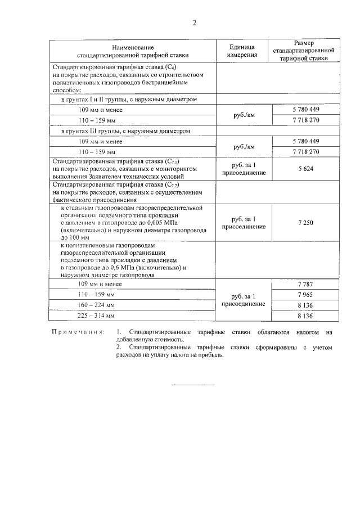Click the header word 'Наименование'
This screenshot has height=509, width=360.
(133, 47)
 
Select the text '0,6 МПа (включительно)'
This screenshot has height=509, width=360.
(134, 268)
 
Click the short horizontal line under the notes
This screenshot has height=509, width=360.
(193, 385)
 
